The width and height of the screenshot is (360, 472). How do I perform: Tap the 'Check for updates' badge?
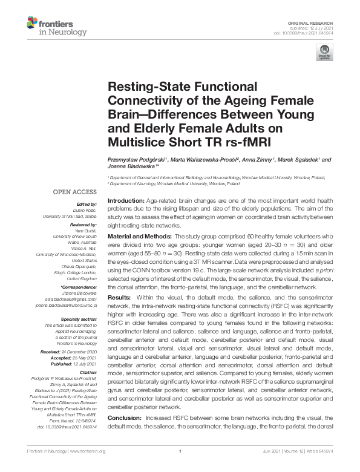(324, 56)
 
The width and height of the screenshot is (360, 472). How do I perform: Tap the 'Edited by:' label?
(86, 205)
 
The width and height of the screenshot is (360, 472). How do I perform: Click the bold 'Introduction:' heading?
(127, 200)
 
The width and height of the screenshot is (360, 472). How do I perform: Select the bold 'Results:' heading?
(118, 298)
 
